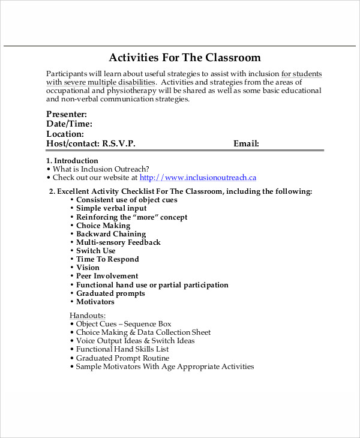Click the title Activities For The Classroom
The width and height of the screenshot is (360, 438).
(184, 58)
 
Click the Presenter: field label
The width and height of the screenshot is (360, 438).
(67, 114)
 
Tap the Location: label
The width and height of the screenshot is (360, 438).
(65, 134)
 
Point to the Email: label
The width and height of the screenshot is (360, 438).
(246, 144)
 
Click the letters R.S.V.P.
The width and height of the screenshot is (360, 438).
(119, 144)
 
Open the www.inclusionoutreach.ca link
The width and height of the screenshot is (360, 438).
(198, 178)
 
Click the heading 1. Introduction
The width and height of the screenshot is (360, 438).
(72, 161)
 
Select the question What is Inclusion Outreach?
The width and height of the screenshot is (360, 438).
(100, 169)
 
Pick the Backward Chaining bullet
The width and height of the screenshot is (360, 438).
(110, 234)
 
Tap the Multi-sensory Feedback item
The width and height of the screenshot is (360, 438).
(118, 242)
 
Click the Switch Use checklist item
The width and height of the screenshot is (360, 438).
(95, 251)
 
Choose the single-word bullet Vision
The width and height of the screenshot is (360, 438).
(88, 268)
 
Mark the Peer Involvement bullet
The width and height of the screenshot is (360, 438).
(107, 276)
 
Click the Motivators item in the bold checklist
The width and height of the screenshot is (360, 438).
(95, 302)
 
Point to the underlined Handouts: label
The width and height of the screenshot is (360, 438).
(88, 315)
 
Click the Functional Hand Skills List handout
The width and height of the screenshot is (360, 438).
(122, 349)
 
